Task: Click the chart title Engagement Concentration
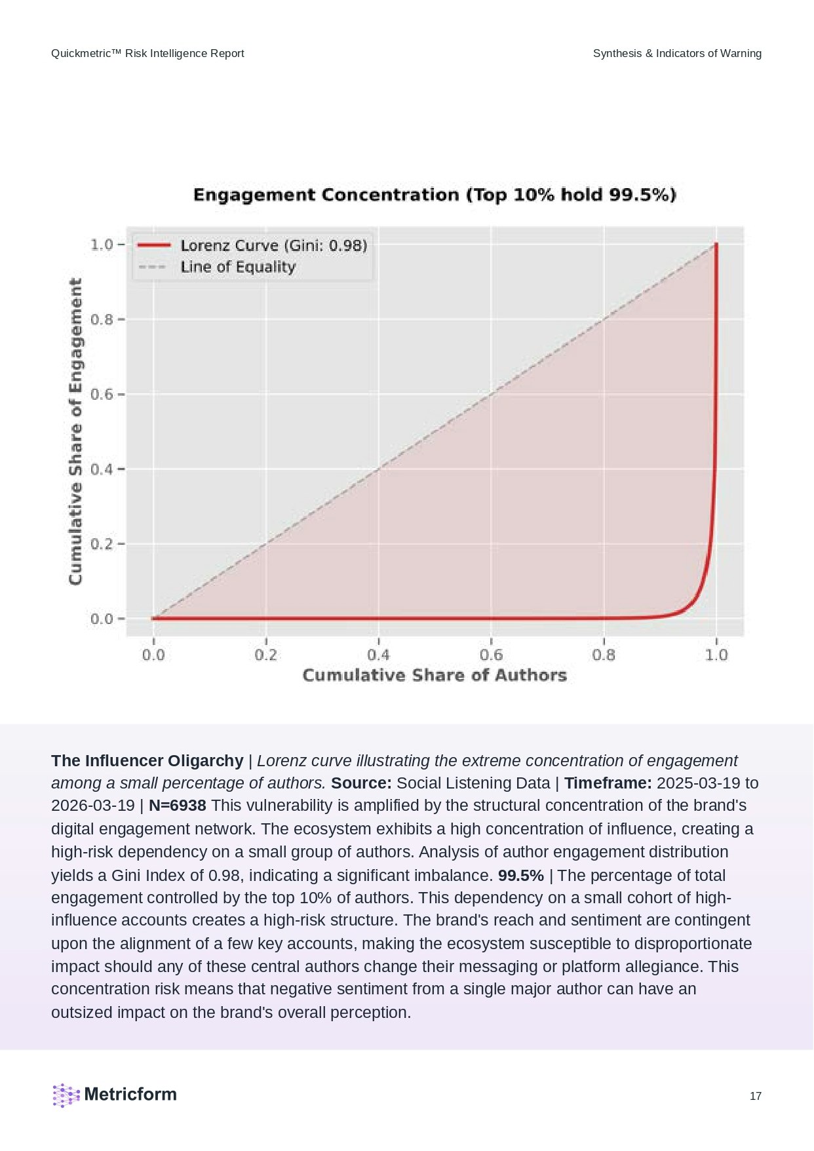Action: tap(435, 195)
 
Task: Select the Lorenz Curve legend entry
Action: tap(273, 245)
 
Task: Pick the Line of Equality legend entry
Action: tap(238, 267)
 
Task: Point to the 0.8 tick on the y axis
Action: tap(102, 320)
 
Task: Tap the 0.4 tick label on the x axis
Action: tap(378, 655)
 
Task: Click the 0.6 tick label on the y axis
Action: tap(102, 395)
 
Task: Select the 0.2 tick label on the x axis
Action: tap(265, 655)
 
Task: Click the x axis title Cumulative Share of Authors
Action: tap(435, 675)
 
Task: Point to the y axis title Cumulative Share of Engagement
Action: tap(76, 431)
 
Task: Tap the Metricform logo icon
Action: tap(66, 1095)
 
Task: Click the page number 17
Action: tap(755, 1096)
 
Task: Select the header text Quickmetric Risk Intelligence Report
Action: tap(147, 54)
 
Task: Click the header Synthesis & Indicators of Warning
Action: tap(677, 54)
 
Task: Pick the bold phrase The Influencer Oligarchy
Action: tap(147, 760)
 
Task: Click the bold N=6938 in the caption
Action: tap(177, 806)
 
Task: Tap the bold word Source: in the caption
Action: tap(361, 783)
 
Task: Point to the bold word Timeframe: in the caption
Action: tap(608, 783)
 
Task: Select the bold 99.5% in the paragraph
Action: tap(520, 876)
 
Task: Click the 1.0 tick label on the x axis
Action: tap(716, 655)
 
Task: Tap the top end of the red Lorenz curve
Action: tap(716, 244)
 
